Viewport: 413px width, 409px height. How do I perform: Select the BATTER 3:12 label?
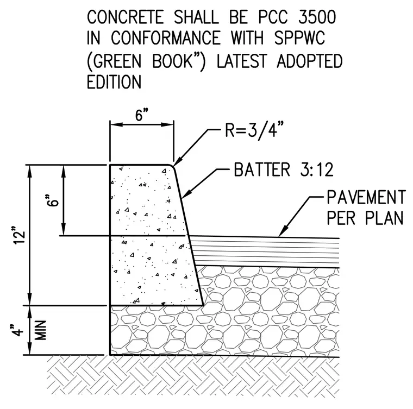284,169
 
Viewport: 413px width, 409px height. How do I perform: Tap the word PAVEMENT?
366,197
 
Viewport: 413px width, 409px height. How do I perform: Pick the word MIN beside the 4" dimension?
41,330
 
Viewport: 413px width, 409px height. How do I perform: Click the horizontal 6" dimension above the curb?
142,115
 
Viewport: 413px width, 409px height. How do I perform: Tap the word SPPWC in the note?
299,38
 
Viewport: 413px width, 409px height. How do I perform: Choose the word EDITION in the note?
114,82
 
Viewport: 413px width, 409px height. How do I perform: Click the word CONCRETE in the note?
126,17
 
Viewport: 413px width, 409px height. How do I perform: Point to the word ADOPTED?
310,61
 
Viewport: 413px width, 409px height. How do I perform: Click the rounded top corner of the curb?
172,166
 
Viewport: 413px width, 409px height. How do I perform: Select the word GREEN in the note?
117,61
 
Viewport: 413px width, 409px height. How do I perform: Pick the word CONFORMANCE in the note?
165,38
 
